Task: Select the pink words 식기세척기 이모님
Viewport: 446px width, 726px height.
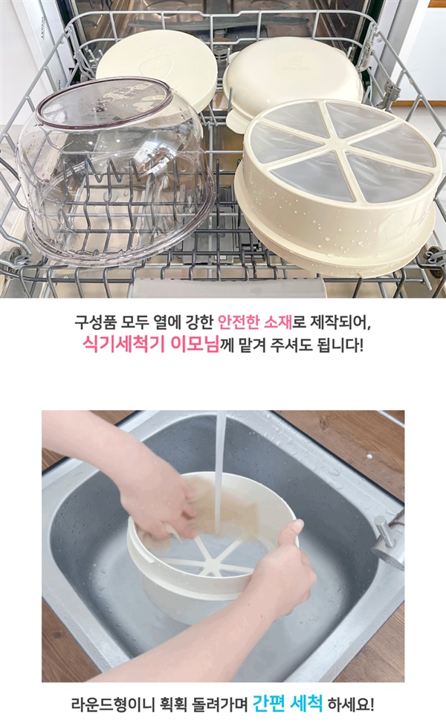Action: click(x=150, y=344)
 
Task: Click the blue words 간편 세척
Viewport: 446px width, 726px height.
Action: click(x=288, y=704)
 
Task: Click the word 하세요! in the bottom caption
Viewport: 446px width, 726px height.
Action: click(x=351, y=704)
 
